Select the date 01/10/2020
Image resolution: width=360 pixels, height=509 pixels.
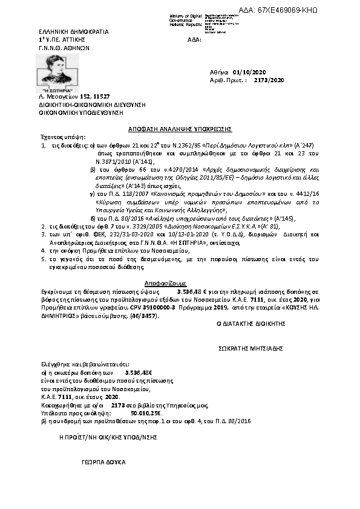(250, 72)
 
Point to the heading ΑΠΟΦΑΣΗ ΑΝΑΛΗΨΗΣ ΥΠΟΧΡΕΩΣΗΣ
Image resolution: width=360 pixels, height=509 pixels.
(180, 129)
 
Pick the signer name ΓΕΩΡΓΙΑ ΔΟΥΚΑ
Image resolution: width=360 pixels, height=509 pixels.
(103, 461)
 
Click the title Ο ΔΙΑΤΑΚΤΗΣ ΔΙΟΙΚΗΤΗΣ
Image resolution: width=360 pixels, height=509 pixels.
(250, 324)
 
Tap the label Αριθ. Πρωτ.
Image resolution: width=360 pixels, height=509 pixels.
(231, 80)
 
